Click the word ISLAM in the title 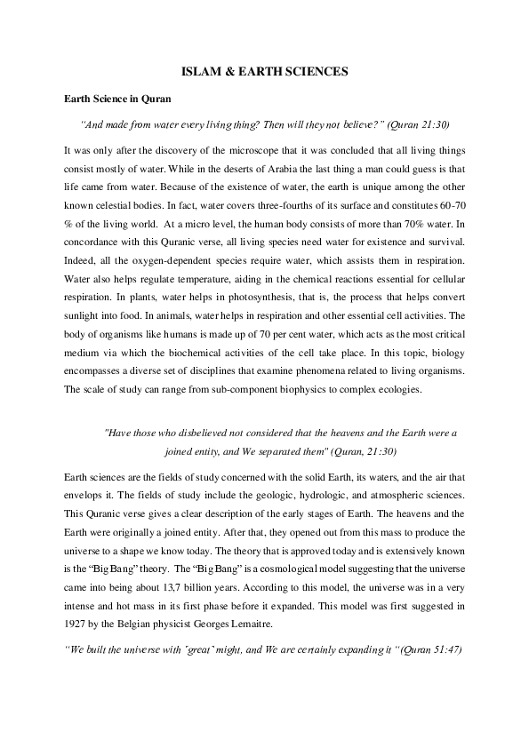[199, 69]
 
